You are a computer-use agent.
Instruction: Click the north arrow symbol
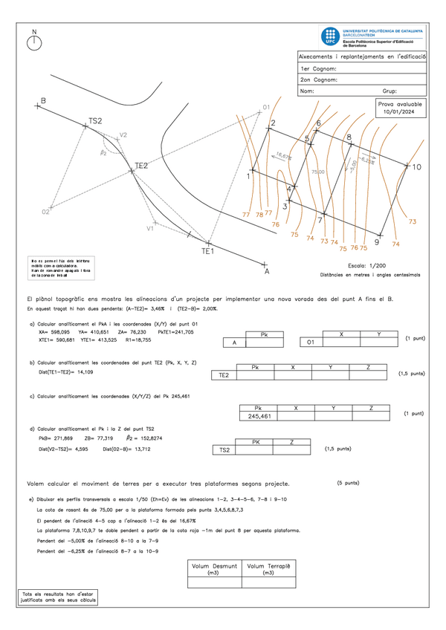tap(34, 42)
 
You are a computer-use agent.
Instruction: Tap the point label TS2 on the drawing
tap(95, 120)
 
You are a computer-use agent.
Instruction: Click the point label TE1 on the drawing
tap(207, 251)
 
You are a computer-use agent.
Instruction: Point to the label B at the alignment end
tap(43, 100)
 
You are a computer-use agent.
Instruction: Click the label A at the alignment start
tap(266, 272)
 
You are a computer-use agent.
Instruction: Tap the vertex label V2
tap(123, 135)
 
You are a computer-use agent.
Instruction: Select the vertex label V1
tap(149, 228)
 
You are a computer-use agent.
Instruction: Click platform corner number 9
tap(377, 242)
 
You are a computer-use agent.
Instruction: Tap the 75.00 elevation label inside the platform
tap(318, 172)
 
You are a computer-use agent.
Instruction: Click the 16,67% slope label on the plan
tap(283, 156)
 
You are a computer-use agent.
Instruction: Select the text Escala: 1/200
tap(367, 265)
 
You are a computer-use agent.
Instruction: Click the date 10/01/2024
tap(400, 111)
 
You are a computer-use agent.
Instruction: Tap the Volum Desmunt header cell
tap(214, 569)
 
